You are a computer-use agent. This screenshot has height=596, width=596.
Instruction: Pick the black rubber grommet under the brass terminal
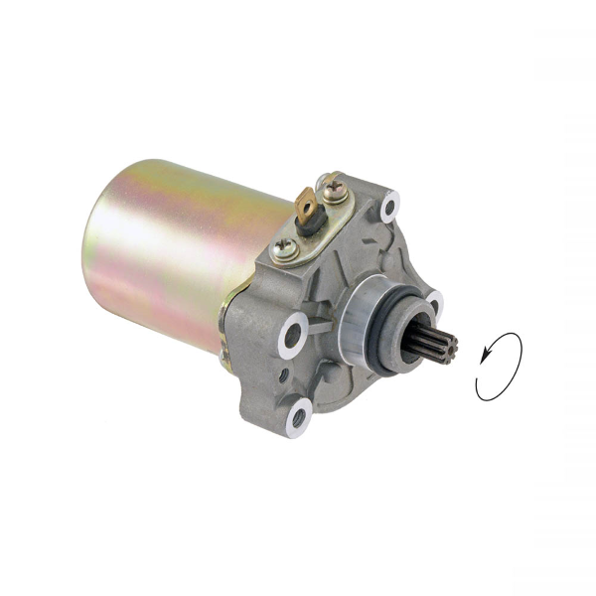(310, 226)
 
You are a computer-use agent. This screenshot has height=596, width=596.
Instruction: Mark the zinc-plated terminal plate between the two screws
(308, 238)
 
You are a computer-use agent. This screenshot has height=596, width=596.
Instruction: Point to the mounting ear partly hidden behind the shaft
(433, 300)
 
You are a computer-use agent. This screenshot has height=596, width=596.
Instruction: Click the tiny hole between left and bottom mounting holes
(286, 374)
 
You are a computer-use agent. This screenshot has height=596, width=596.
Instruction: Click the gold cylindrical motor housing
(189, 248)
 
